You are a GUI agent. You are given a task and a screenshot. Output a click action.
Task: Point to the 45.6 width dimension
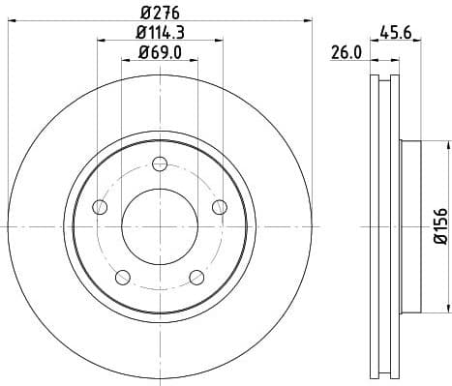(x=406, y=32)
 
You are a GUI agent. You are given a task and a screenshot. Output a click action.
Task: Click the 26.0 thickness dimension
(x=347, y=54)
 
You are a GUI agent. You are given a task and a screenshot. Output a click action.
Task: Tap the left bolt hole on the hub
(x=101, y=206)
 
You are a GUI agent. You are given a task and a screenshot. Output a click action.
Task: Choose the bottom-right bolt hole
(x=197, y=276)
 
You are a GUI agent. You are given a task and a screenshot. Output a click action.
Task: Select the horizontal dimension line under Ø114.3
(x=161, y=41)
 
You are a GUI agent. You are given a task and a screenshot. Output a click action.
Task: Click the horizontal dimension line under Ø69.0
(x=161, y=60)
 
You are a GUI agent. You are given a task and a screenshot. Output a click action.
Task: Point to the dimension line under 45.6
(x=406, y=42)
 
